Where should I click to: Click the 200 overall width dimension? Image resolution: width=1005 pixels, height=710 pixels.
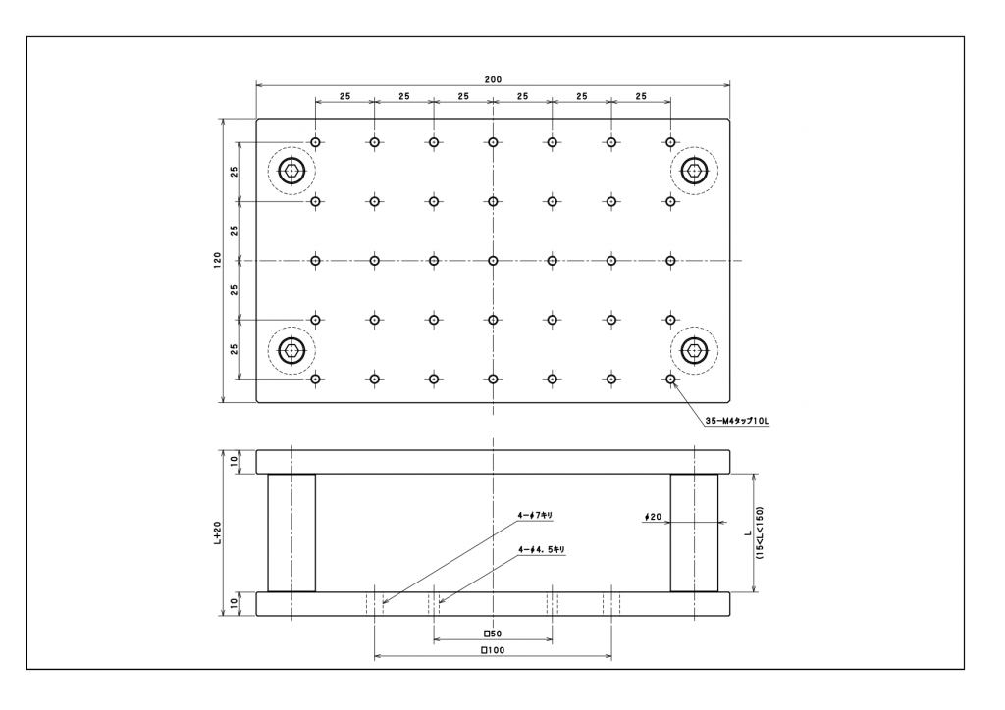point(493,79)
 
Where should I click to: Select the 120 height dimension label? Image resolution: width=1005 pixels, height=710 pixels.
point(217,260)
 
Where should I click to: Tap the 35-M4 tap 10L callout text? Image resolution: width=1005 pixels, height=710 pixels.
point(737,421)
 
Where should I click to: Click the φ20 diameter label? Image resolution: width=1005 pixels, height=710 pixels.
point(653,517)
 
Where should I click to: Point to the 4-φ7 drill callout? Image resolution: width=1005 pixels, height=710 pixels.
point(535,515)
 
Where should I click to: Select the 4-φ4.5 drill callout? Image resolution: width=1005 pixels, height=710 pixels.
point(542,549)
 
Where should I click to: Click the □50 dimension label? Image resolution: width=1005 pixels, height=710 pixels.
point(493,634)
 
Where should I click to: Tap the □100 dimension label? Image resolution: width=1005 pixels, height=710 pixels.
point(493,650)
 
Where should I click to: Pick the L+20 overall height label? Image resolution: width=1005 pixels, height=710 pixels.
point(217,532)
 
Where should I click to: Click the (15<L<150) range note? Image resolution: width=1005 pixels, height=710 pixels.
point(759,532)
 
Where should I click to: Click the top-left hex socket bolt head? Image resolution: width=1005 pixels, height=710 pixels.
point(291,171)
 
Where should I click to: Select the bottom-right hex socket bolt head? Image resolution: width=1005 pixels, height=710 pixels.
point(694,350)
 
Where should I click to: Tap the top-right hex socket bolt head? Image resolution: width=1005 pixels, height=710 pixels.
point(694,171)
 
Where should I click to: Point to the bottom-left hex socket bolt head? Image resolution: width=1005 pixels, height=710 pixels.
point(291,350)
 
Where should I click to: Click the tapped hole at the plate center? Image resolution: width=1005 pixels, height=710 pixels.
point(493,261)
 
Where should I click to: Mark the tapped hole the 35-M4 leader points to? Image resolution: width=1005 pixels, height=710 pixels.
point(670,379)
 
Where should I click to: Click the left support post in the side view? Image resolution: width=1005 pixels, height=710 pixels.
point(291,532)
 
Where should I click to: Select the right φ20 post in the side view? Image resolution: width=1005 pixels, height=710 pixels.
point(694,532)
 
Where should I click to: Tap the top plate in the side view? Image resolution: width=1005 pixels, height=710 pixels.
point(493,462)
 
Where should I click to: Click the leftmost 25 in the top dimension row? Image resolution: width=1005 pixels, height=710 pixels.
point(344,96)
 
